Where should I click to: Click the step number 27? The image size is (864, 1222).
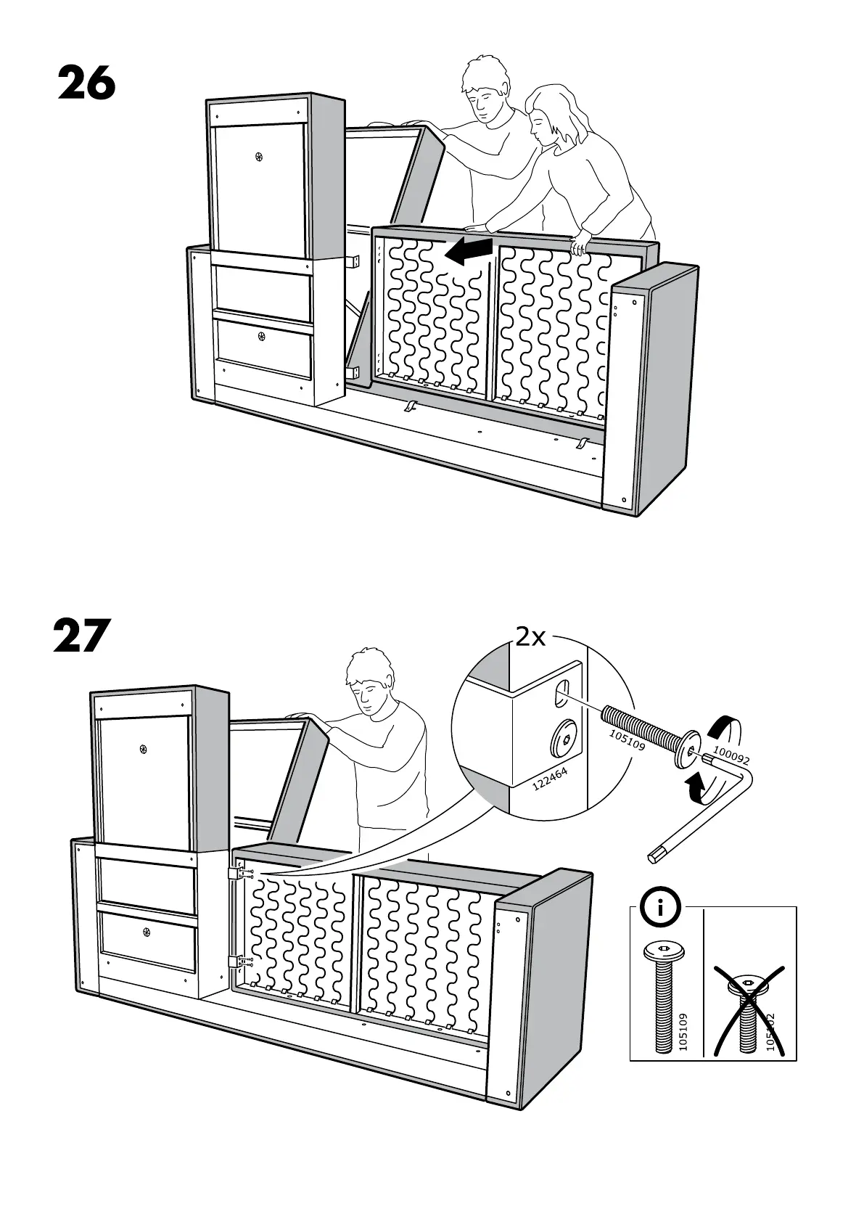pos(81,635)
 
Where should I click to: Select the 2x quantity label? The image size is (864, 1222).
pos(530,636)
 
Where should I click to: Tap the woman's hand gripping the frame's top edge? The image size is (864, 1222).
pos(580,246)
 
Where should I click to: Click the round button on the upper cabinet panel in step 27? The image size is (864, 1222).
pos(144,747)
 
